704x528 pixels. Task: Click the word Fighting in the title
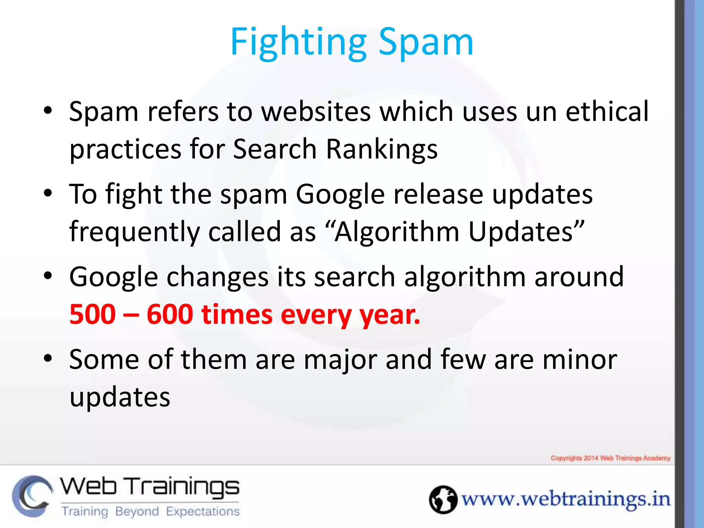(x=298, y=42)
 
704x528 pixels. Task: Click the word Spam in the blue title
(x=426, y=42)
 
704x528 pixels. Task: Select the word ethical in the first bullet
(x=607, y=111)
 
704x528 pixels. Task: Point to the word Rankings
(x=382, y=149)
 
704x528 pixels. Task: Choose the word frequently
(x=134, y=232)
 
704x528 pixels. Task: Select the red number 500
(x=92, y=314)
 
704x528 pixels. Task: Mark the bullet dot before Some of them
(x=48, y=359)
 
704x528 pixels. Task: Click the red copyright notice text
(x=610, y=458)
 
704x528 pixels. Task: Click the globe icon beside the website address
(x=443, y=499)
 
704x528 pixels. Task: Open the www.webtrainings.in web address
(x=565, y=499)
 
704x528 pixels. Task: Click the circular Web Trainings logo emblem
(x=32, y=496)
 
